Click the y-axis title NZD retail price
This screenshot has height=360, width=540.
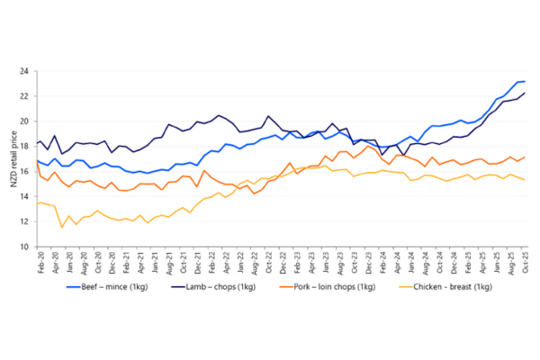tap(13, 158)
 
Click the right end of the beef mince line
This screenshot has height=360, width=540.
tap(525, 81)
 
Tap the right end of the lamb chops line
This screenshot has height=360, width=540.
tap(525, 94)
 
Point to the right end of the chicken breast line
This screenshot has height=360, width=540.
tap(525, 180)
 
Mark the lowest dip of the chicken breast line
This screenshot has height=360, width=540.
tap(62, 227)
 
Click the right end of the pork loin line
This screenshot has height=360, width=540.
tap(525, 157)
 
